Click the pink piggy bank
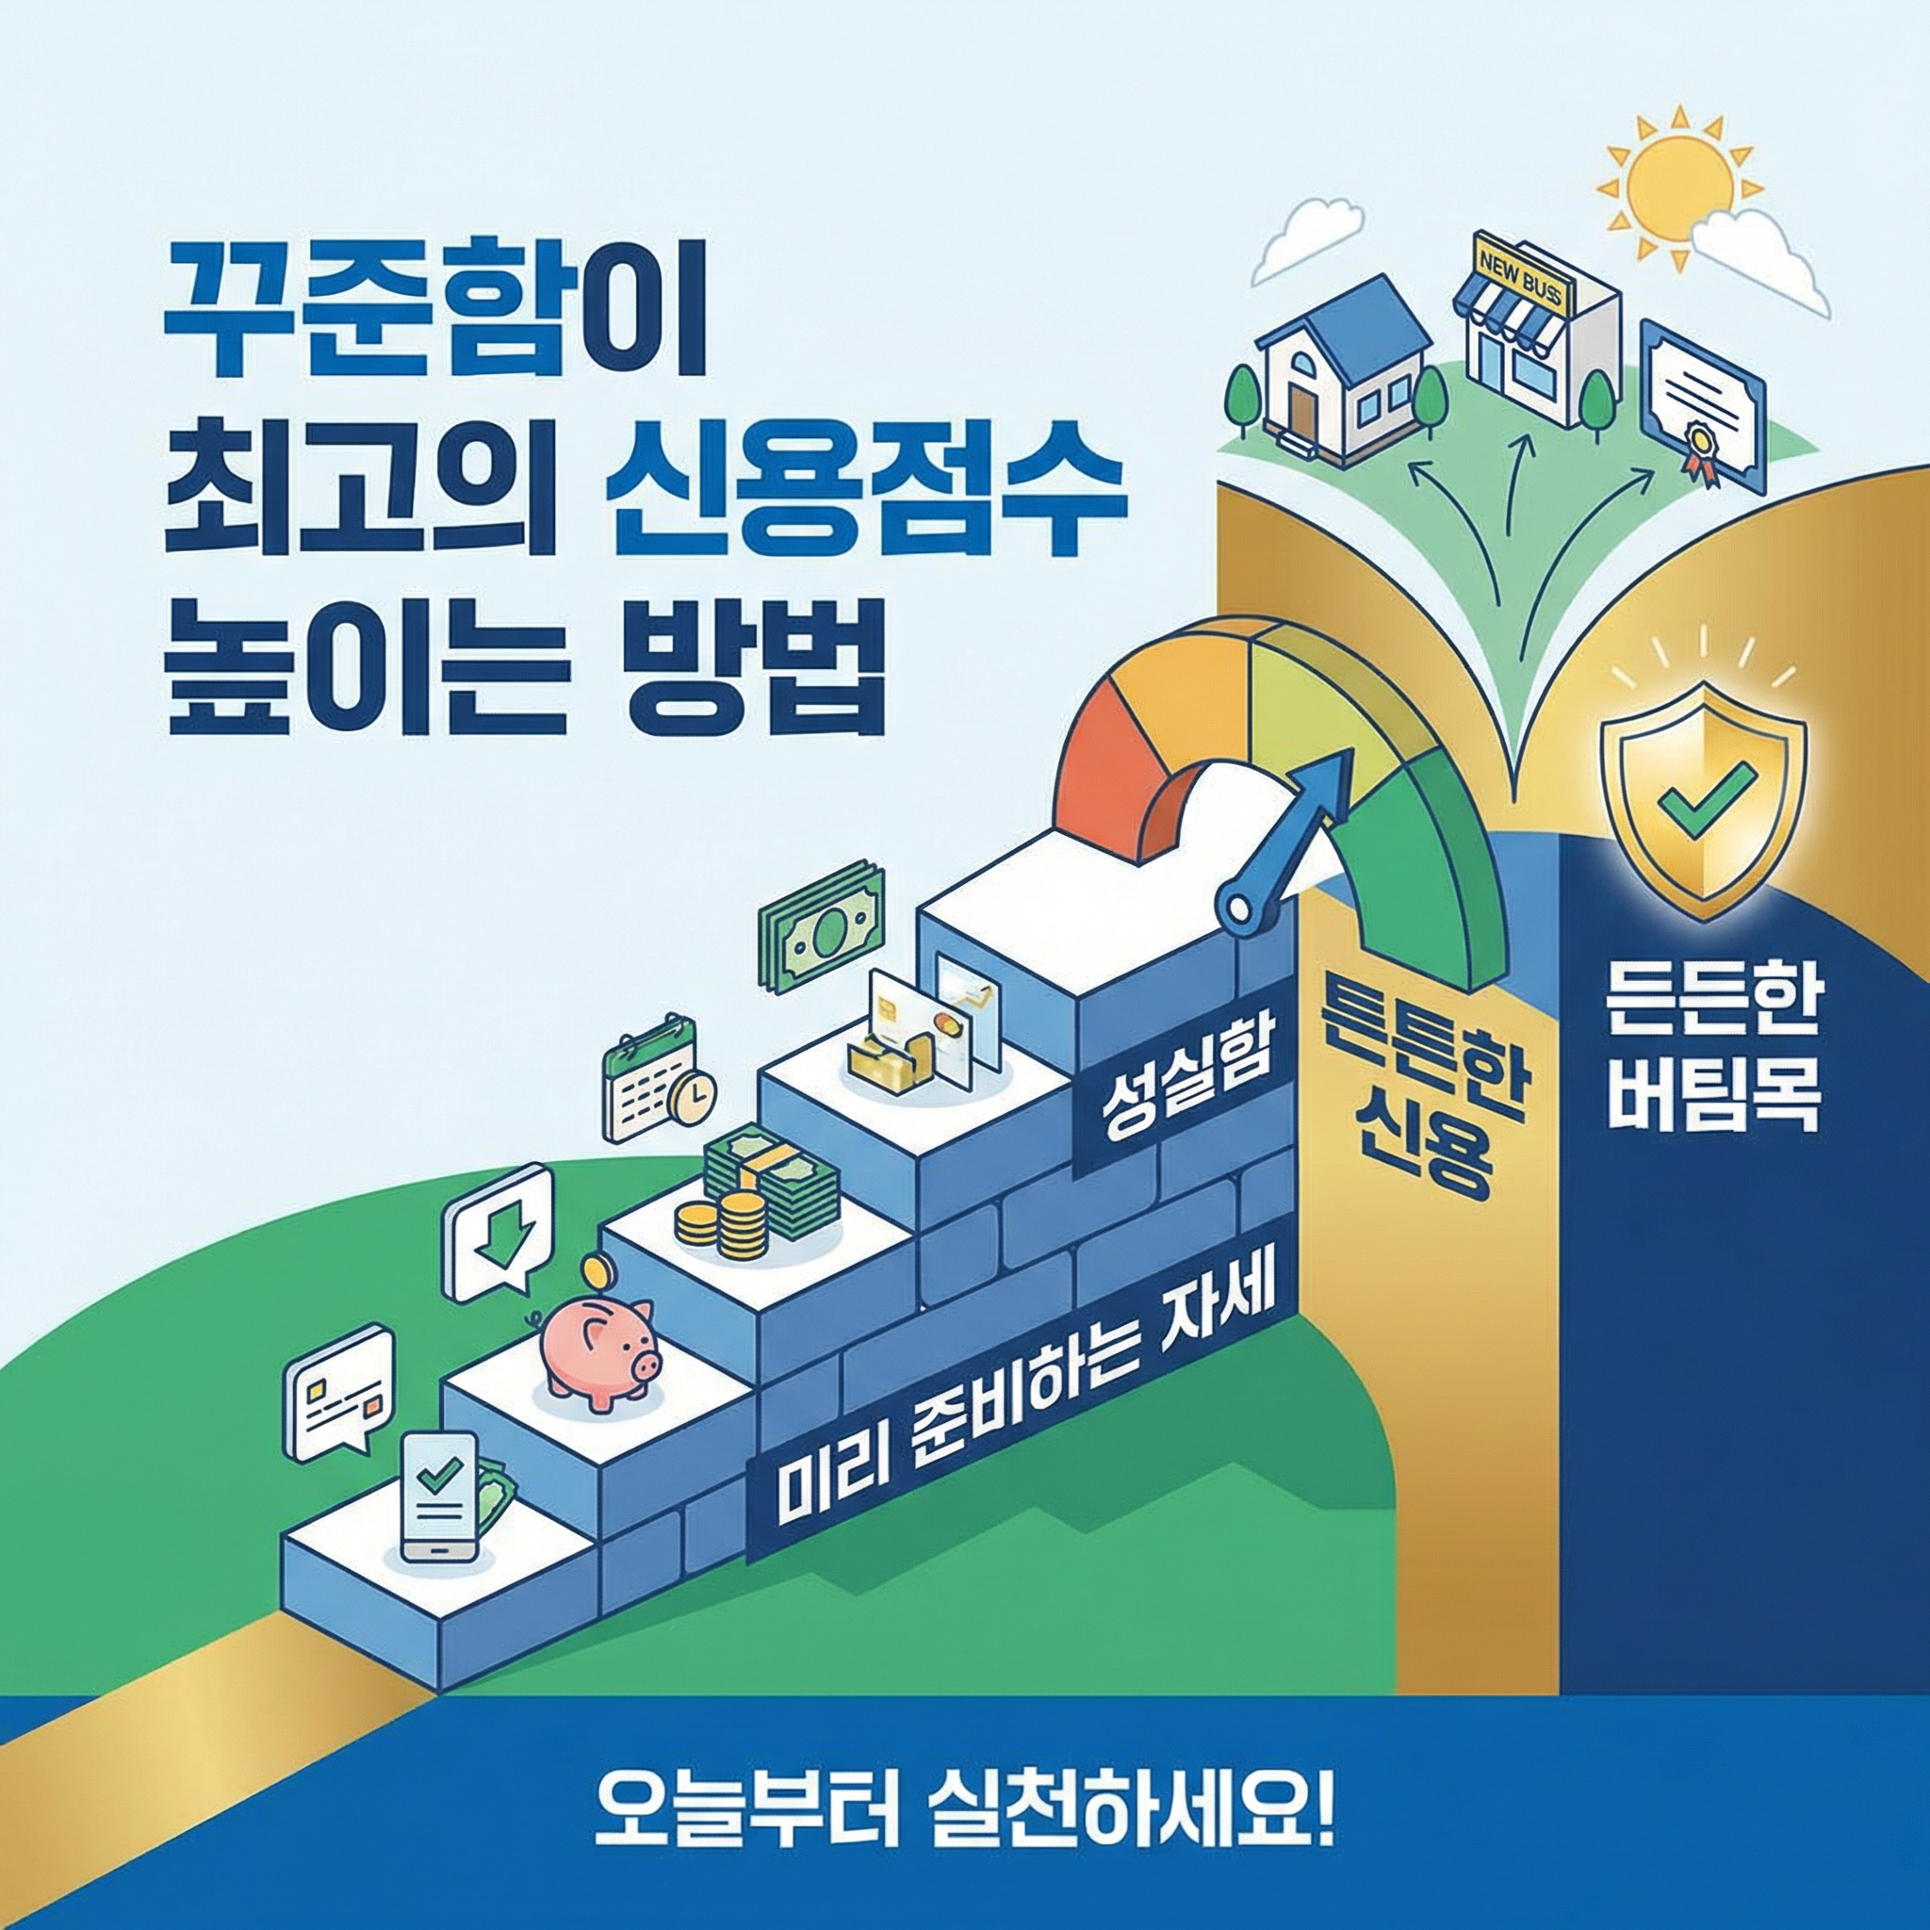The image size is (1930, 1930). [597, 1351]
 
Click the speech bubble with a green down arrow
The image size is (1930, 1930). [499, 1235]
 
